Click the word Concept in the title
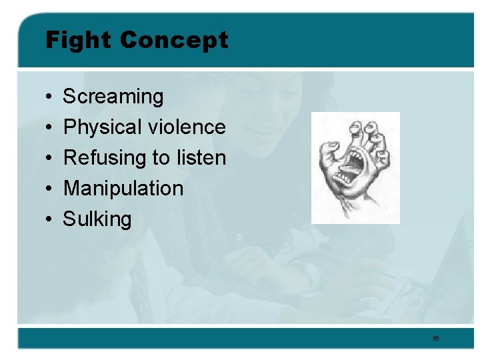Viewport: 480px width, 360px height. [174, 40]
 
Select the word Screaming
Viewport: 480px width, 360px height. [113, 97]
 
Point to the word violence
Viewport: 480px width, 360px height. [187, 127]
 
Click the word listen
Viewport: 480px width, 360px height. [201, 158]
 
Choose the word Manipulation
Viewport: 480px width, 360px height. [123, 188]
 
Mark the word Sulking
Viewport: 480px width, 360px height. [97, 219]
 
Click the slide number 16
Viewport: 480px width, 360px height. [435, 339]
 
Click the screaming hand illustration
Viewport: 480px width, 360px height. [355, 167]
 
